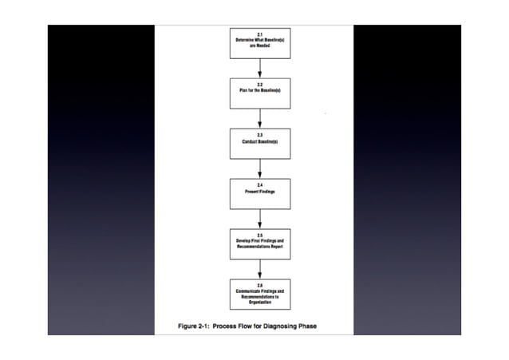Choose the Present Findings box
[x=260, y=192]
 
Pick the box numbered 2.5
[x=260, y=243]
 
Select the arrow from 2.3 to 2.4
[x=260, y=168]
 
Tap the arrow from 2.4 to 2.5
[x=260, y=217]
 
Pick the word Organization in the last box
[x=260, y=303]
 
